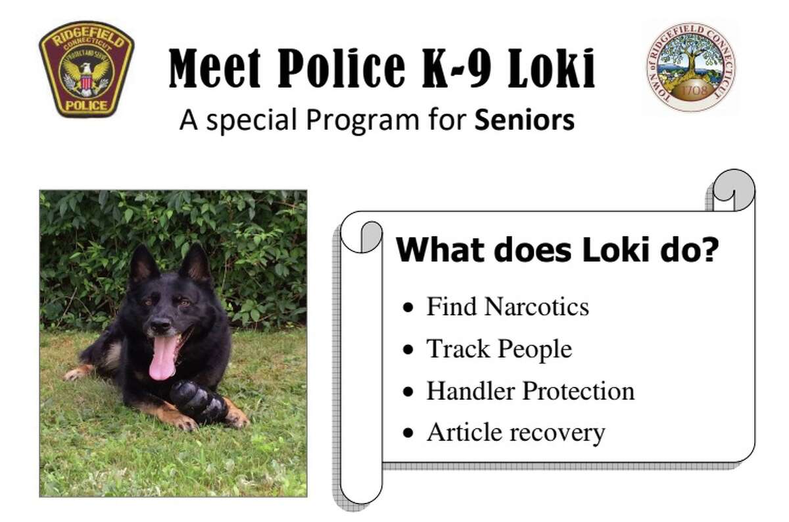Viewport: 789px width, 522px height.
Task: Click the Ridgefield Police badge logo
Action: pos(86,69)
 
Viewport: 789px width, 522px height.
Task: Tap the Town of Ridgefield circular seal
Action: pos(691,67)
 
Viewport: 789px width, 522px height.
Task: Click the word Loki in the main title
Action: pos(551,68)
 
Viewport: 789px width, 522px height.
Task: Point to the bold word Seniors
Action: pos(525,120)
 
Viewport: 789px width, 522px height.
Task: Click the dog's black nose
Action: pos(160,325)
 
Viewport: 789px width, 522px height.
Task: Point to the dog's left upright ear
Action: pos(143,264)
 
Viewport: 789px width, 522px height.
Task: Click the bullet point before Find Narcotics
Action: pos(408,307)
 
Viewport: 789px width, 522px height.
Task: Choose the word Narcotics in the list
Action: pos(537,307)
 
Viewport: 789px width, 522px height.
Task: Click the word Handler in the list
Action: pos(470,391)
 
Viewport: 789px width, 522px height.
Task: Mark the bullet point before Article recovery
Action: pos(408,432)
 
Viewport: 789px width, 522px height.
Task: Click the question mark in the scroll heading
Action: pos(709,249)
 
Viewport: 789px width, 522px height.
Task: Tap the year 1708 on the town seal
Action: pos(693,90)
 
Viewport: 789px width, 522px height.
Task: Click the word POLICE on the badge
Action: pos(87,105)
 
